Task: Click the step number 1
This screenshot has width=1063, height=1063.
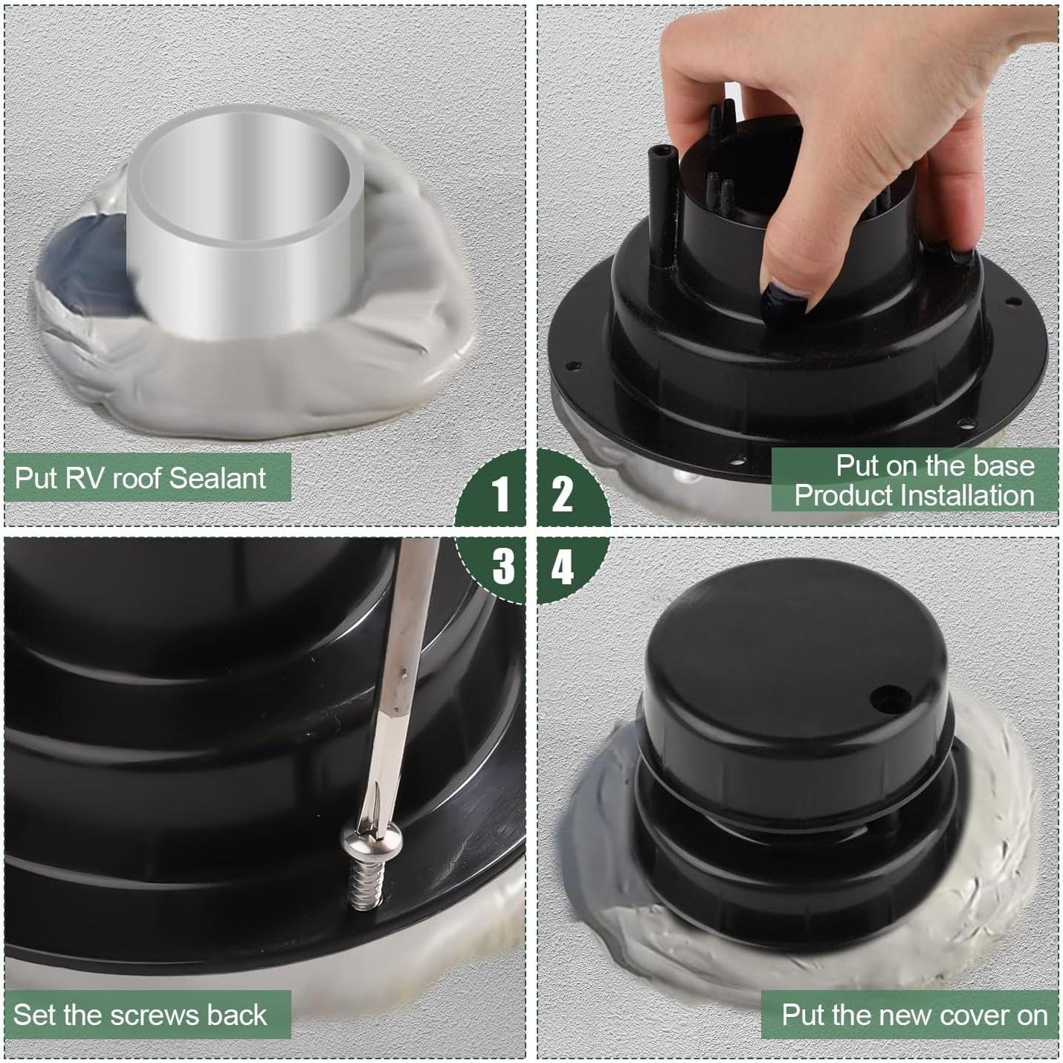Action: click(500, 494)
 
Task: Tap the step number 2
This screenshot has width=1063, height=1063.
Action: click(562, 494)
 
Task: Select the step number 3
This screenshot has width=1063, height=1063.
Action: click(503, 566)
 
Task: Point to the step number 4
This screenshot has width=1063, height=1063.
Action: click(563, 566)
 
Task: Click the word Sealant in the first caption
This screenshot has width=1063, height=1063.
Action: click(218, 477)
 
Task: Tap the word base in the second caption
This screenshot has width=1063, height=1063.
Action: click(1003, 466)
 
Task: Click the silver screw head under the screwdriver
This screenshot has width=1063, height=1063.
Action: click(369, 839)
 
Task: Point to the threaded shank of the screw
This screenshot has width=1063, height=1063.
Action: click(366, 882)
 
